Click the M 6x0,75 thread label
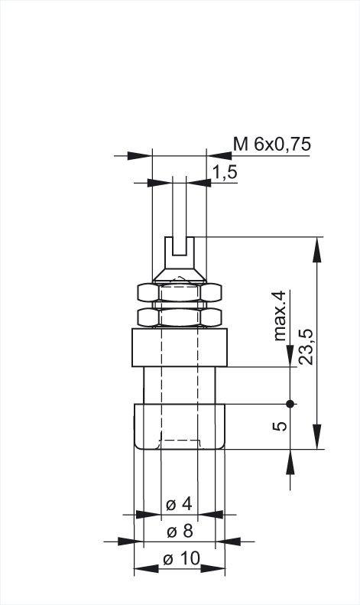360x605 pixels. (x=272, y=145)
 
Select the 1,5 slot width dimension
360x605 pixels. (x=225, y=172)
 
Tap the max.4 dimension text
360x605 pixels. (x=281, y=316)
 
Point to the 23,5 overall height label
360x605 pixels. (x=306, y=347)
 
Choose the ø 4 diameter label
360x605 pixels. (x=179, y=504)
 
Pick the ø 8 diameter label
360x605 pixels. (x=180, y=532)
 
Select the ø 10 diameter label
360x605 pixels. (x=182, y=558)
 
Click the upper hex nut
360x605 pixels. (x=179, y=292)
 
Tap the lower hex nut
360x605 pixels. (x=179, y=317)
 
